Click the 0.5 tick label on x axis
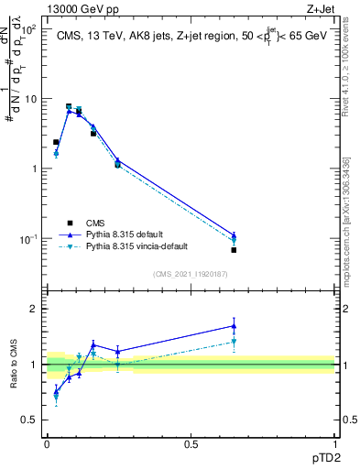coord(191,443)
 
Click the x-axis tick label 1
coord(334,443)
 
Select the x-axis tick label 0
coord(47,443)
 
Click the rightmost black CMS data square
coord(234,250)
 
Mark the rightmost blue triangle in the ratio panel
coord(234,325)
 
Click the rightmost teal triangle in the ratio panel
coord(234,343)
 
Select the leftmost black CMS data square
coord(56,143)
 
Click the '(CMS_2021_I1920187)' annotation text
coord(191,274)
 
